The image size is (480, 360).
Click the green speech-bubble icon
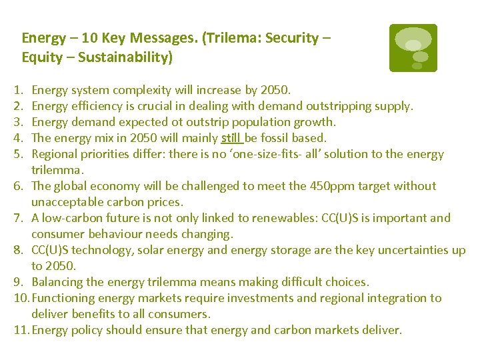click(413, 47)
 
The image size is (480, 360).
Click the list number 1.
click(15, 90)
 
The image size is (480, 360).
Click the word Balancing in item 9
click(57, 282)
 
